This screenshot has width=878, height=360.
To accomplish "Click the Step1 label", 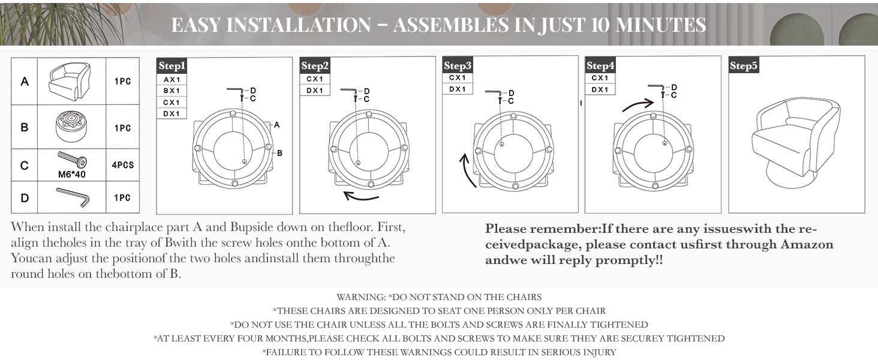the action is pos(172,66).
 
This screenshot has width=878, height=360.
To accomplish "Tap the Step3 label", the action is pos(458,66).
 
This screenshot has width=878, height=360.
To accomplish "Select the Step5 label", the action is pos(744,66).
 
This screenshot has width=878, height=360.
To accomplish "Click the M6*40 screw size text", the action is pos(71,175).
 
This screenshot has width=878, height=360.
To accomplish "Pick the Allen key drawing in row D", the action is pos(73,197).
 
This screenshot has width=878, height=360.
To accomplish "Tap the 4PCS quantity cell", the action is pos(122,164).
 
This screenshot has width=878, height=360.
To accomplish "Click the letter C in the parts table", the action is pos(25,165).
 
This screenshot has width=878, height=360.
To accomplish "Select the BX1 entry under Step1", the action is pos(172,91).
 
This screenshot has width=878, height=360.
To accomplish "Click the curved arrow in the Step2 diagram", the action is pos(362,196).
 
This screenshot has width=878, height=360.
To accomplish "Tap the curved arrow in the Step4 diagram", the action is pos(638,106).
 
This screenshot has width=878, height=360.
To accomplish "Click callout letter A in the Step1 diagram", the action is pos(277,125).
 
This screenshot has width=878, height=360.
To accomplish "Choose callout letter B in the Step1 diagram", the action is pos(279,153).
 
